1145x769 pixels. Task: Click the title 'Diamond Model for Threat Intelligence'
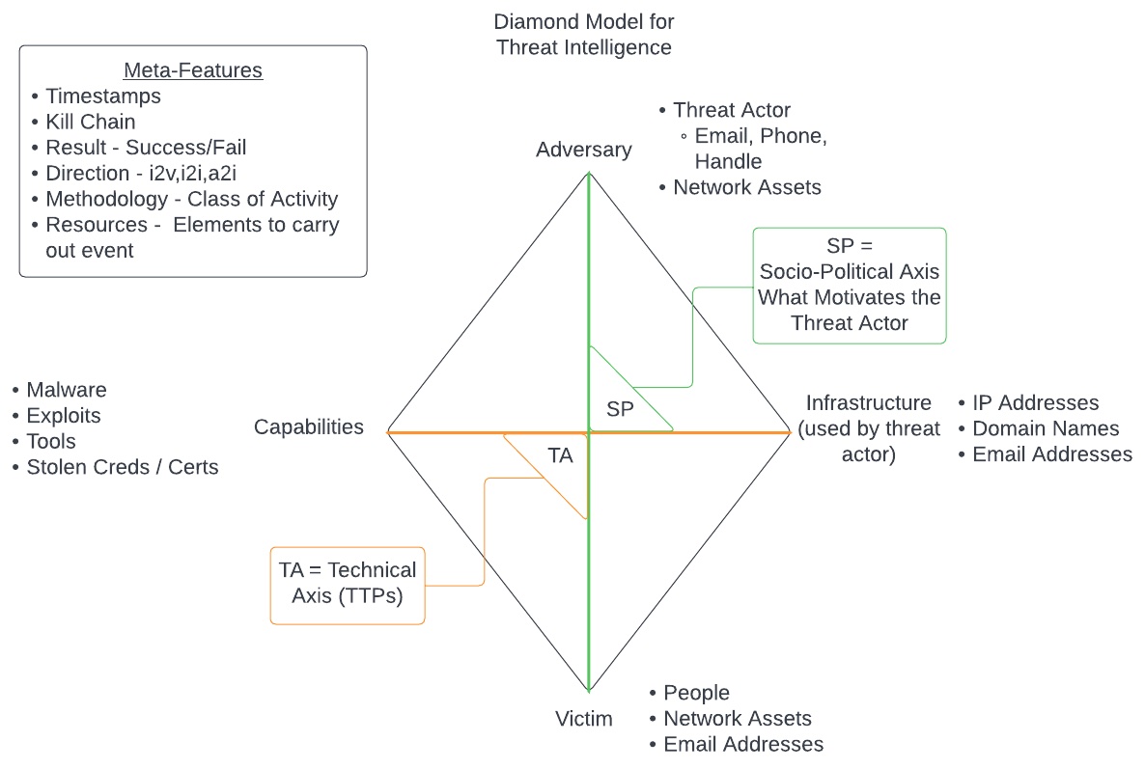(x=584, y=34)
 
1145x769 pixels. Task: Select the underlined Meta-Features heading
(x=193, y=71)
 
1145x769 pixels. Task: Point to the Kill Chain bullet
(x=91, y=123)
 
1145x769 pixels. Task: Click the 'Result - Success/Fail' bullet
(x=146, y=149)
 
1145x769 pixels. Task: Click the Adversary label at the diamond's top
(x=584, y=150)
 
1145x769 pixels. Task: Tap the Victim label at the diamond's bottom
(x=584, y=719)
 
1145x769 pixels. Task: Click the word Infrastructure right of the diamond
(x=869, y=403)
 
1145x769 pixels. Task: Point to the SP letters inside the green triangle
(x=620, y=409)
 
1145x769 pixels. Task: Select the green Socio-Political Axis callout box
(x=850, y=286)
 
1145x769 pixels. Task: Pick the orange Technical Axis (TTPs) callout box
(x=348, y=583)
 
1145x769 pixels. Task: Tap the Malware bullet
(x=67, y=391)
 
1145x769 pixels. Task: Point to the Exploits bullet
(x=64, y=417)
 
